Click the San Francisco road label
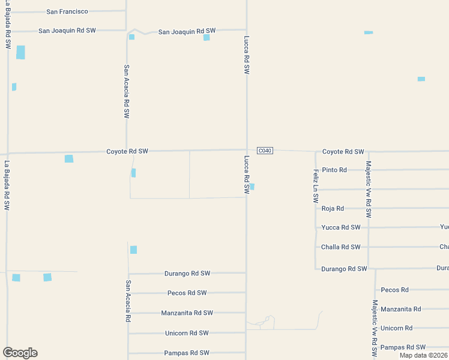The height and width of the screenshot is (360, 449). (x=67, y=11)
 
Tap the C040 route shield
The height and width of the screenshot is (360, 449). (x=265, y=151)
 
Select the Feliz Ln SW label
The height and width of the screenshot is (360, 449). (x=315, y=186)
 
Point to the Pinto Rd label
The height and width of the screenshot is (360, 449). (x=334, y=170)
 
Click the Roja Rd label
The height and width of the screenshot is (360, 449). (x=333, y=208)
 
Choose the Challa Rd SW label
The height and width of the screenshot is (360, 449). (x=341, y=247)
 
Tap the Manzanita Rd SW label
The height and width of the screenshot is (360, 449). (x=187, y=313)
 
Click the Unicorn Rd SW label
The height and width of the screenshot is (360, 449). (x=187, y=333)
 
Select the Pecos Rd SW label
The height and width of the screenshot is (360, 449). (x=187, y=293)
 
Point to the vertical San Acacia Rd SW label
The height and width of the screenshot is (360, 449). (x=126, y=91)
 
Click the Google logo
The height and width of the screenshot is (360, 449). (x=20, y=353)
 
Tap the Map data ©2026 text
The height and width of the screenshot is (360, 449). (x=423, y=355)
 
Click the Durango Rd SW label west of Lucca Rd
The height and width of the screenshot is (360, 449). (x=187, y=273)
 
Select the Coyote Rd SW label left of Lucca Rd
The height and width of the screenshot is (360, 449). (x=127, y=151)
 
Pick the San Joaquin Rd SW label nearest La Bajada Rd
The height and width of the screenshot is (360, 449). (x=67, y=30)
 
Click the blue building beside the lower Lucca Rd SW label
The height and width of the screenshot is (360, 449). (x=252, y=187)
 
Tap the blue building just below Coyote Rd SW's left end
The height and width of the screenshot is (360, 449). (x=69, y=158)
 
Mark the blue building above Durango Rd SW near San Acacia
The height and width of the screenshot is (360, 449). (x=133, y=250)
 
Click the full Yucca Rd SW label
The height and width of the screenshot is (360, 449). (x=341, y=227)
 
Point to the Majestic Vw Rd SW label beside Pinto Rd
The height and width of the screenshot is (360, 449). (x=369, y=189)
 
